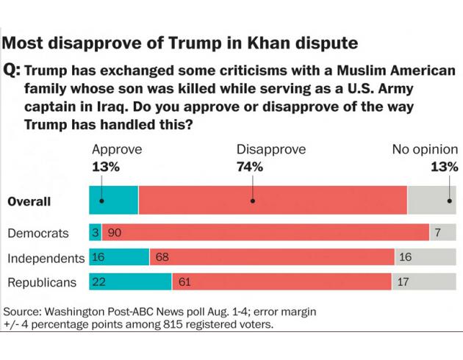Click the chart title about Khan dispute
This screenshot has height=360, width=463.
coord(181,43)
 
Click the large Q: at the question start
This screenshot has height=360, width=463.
coord(12,72)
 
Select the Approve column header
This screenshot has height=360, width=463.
coord(116,150)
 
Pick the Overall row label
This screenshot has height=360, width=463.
coord(29,201)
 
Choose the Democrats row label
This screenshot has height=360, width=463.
coord(38,234)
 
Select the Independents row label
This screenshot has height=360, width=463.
coord(46,259)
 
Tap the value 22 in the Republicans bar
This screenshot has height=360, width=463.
coord(99,282)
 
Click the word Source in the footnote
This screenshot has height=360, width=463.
coord(23,312)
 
